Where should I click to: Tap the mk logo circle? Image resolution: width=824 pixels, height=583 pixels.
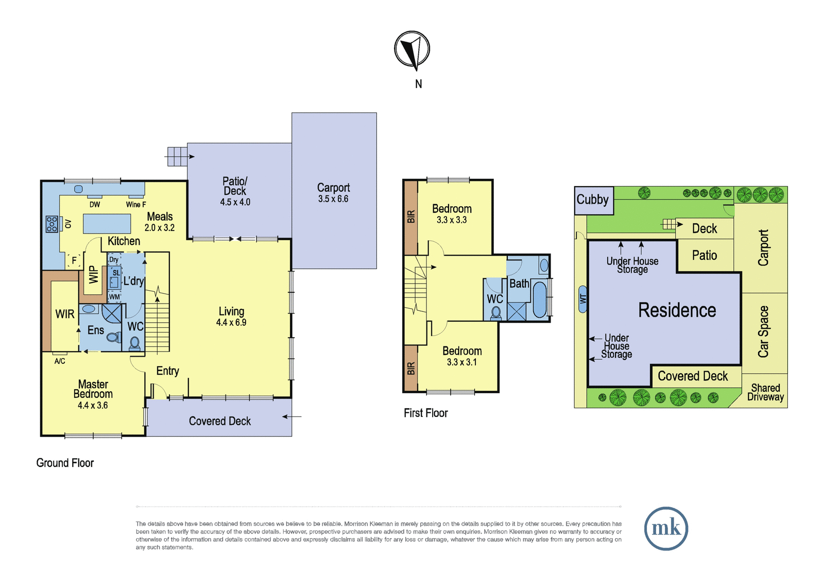666,528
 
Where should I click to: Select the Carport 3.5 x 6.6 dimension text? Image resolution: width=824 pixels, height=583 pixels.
333,199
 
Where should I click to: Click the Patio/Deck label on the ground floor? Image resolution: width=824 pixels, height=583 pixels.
235,186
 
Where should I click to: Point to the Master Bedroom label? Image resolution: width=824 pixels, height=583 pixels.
93,389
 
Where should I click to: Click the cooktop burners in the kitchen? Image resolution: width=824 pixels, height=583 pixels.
51,224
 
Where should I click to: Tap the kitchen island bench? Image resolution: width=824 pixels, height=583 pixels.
107,224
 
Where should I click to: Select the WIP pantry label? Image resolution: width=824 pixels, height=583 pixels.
94,274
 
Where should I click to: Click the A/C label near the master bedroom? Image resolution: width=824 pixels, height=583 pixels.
60,361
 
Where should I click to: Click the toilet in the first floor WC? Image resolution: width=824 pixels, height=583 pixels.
496,313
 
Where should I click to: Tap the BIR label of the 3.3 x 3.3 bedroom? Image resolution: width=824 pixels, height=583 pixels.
411,216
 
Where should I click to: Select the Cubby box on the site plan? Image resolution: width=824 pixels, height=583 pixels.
594,201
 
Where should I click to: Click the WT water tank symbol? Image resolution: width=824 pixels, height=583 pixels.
582,299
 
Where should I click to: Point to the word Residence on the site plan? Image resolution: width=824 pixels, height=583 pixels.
677,310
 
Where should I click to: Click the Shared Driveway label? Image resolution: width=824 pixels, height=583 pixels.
765,392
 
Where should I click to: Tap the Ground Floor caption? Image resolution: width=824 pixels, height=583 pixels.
65,463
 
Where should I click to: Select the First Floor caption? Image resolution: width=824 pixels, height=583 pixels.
425,413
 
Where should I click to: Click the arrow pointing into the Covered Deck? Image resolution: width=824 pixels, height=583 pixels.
291,417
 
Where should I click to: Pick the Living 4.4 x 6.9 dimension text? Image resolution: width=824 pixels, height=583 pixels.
231,323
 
